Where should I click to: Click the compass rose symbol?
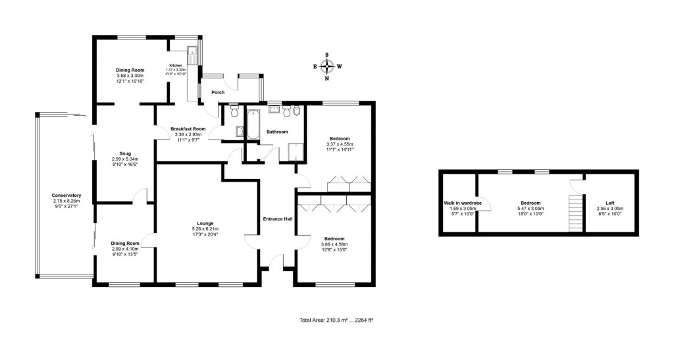tap(327, 66)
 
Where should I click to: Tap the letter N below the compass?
tap(327, 78)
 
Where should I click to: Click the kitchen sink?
tap(193, 52)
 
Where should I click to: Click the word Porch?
tap(218, 92)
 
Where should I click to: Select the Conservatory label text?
tap(66, 195)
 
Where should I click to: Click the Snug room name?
tap(120, 153)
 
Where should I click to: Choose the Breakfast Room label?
tap(188, 128)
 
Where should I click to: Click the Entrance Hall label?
tap(278, 219)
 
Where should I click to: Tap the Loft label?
tap(610, 203)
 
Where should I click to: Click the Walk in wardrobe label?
tap(463, 203)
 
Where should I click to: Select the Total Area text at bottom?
tap(336, 321)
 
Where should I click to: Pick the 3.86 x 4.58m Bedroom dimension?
tap(334, 244)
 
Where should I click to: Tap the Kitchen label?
tap(176, 65)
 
